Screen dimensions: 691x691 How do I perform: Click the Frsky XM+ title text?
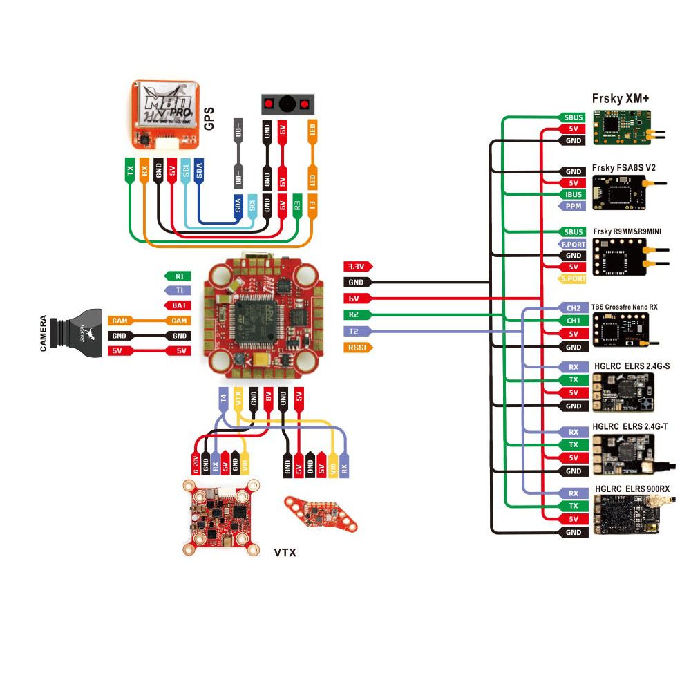[x=621, y=99]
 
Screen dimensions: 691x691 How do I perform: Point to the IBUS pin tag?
[x=573, y=194]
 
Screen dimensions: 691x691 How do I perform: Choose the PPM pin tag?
[x=573, y=206]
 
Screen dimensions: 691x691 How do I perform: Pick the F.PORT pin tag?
[x=573, y=244]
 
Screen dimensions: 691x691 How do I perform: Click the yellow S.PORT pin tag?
[x=573, y=278]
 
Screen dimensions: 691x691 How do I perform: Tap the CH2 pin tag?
[x=573, y=308]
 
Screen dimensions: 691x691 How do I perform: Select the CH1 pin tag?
[x=573, y=321]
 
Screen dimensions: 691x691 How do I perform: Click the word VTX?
[x=285, y=553]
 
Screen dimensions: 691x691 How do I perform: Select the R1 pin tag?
[x=178, y=276]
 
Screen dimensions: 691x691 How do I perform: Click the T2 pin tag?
[x=357, y=331]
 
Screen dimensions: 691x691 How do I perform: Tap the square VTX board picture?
[x=220, y=518]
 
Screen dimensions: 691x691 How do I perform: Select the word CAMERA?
[x=44, y=334]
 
